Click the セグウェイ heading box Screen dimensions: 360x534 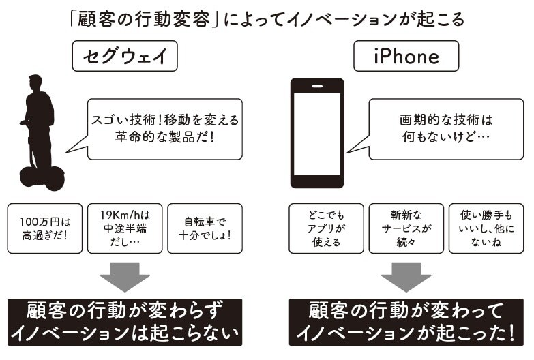click(x=125, y=57)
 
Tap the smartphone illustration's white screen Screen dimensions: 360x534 click(x=316, y=132)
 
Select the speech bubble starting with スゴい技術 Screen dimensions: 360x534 click(x=164, y=127)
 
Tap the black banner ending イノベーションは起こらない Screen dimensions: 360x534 click(x=124, y=321)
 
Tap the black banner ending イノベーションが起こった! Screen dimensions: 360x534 click(x=406, y=321)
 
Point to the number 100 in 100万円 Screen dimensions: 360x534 click(x=31, y=222)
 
